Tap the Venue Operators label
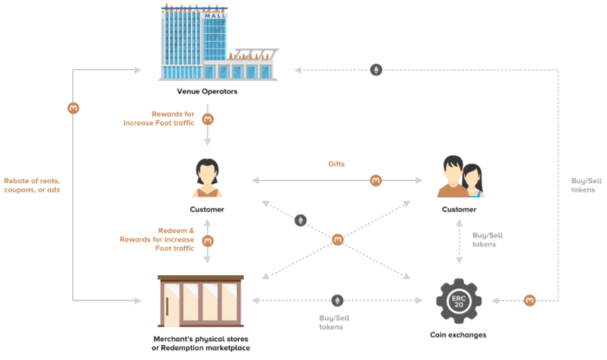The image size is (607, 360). [207, 92]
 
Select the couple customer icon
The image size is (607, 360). [460, 177]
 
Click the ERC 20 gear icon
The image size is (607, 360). [459, 300]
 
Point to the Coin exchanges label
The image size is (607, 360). [458, 335]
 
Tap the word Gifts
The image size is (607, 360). [337, 164]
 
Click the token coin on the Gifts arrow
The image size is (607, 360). [376, 181]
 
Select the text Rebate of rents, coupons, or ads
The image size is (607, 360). [31, 185]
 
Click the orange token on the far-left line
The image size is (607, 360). [73, 108]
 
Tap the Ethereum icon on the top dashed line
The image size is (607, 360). [377, 70]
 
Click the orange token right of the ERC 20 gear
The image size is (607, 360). [530, 300]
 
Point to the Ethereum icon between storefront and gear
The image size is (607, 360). [338, 300]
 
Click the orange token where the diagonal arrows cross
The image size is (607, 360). [338, 239]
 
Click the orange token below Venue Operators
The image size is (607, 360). [208, 119]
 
